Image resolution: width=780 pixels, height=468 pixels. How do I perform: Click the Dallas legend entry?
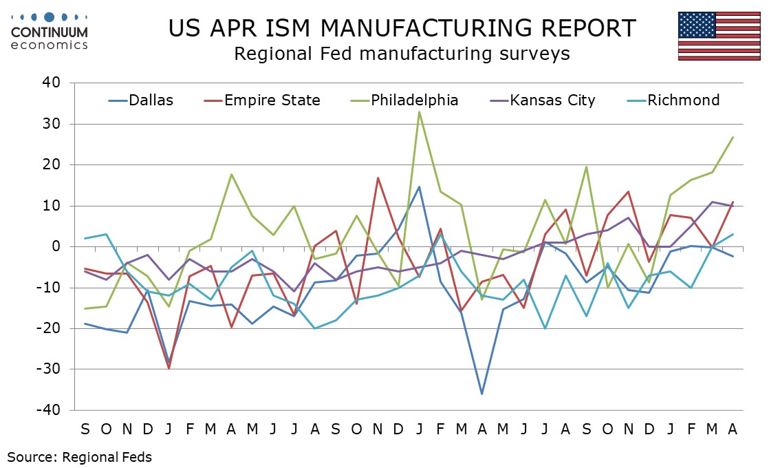(141, 100)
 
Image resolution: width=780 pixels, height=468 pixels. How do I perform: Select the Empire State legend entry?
(262, 100)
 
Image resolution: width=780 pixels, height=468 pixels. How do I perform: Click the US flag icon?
(719, 36)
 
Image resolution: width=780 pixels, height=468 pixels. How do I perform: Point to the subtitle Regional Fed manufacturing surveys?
(402, 54)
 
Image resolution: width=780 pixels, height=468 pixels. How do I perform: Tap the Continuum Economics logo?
(49, 30)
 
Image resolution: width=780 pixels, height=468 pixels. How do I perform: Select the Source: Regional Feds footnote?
(80, 456)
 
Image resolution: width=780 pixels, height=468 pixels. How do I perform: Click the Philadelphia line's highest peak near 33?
(420, 111)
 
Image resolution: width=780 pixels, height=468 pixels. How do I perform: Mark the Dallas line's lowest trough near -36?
(482, 394)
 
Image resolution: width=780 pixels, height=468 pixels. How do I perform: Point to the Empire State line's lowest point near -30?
(169, 368)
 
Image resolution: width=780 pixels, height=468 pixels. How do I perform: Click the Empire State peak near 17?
(378, 178)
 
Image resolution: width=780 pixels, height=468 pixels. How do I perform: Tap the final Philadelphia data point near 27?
(733, 137)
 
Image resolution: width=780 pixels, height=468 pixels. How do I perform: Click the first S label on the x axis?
(85, 429)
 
